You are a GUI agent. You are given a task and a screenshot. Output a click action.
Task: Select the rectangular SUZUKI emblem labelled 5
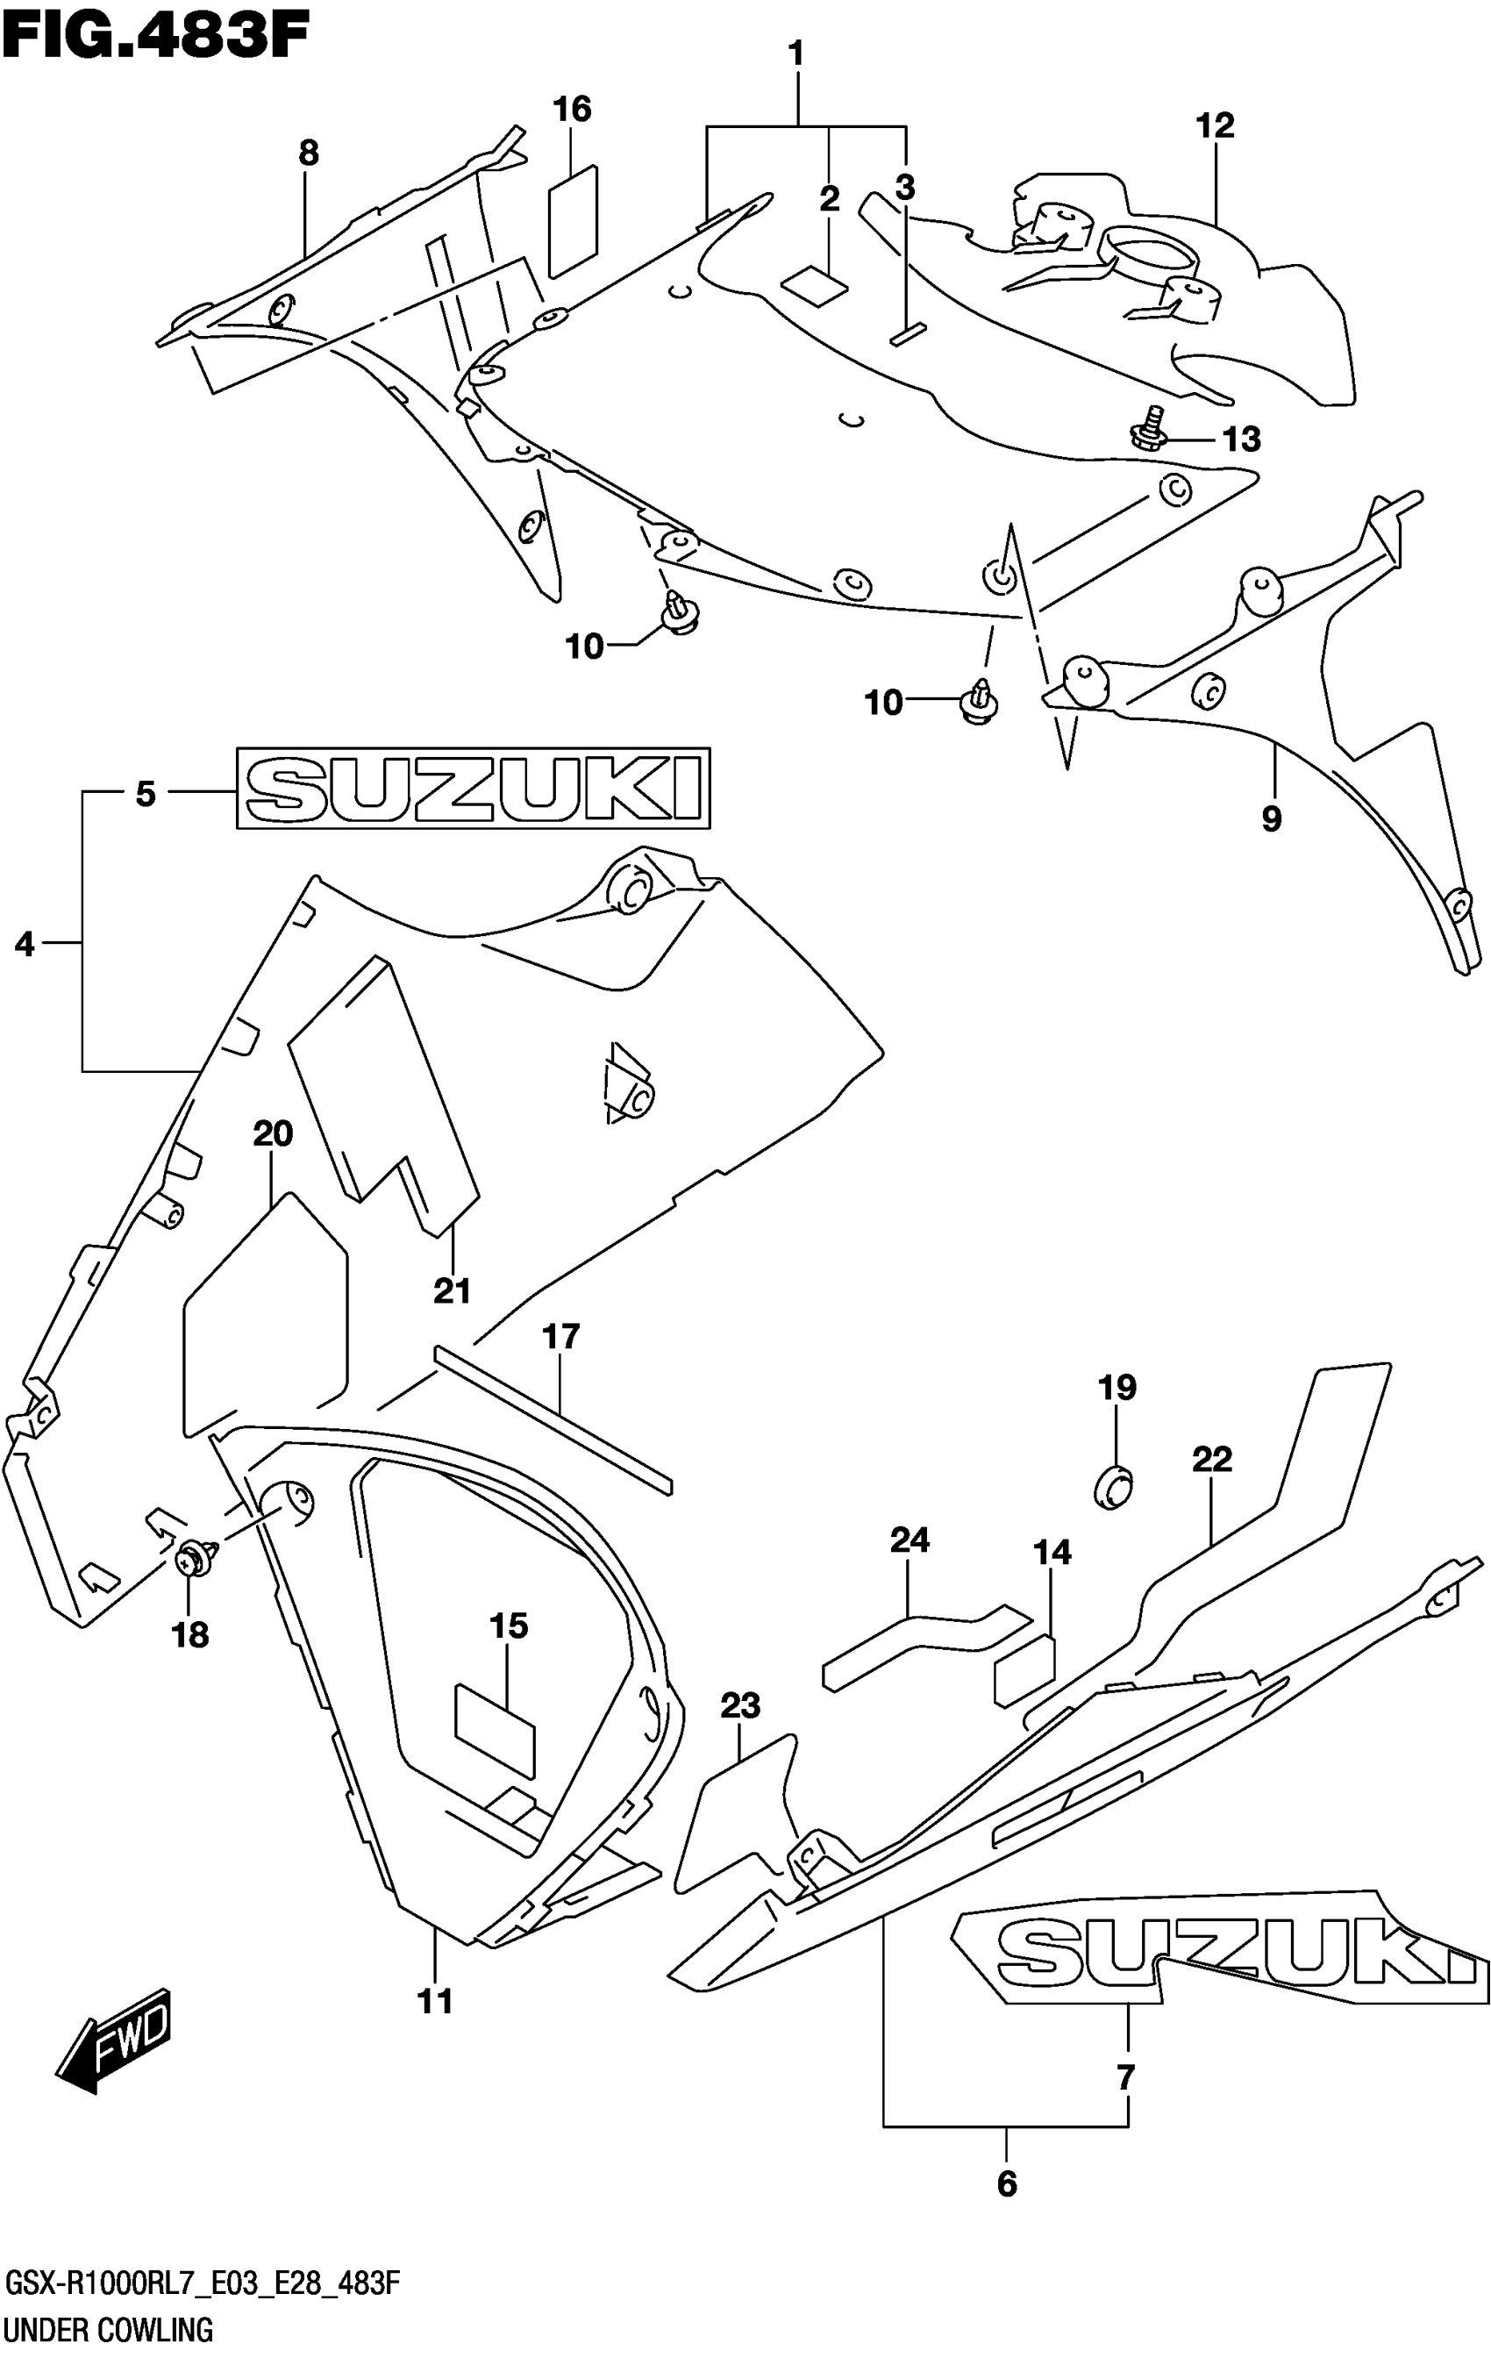pos(473,789)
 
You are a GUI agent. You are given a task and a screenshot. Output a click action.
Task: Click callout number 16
pos(572,109)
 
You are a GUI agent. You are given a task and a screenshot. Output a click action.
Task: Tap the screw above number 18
pos(196,1555)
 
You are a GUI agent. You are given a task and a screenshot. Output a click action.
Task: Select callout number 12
pos(1214,126)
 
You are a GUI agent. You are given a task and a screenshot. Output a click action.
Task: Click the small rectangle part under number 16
pos(573,219)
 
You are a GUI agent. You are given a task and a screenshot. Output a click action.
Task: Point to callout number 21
pos(453,1291)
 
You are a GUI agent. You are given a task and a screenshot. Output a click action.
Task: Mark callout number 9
pos(1271,818)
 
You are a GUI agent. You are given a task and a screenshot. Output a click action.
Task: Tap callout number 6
pos(1006,2183)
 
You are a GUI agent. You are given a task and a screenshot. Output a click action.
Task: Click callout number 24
pos(909,1540)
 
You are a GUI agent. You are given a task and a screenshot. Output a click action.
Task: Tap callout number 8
pos(309,154)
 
